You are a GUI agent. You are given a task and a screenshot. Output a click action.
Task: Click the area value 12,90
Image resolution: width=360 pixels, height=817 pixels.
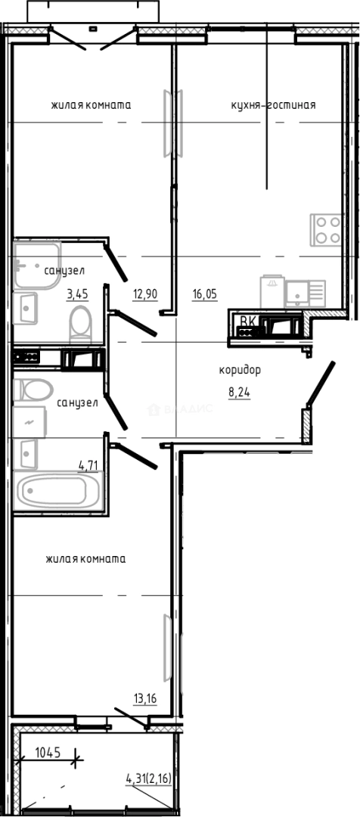point(145,294)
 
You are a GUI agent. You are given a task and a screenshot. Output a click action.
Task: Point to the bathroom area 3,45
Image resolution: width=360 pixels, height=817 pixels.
point(78,294)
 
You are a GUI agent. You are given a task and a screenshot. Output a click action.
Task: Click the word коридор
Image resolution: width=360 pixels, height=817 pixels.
point(240,370)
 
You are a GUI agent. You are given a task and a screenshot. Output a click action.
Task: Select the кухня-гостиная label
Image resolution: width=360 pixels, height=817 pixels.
point(273,105)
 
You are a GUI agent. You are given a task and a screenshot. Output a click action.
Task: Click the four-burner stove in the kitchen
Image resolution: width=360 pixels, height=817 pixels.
point(327,230)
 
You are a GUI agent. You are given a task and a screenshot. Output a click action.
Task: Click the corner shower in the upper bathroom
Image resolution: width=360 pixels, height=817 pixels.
point(36,266)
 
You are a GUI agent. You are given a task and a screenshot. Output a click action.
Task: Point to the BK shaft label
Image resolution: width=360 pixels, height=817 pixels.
point(247,321)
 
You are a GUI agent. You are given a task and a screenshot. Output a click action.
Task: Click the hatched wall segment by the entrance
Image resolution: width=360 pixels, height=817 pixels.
point(306,425)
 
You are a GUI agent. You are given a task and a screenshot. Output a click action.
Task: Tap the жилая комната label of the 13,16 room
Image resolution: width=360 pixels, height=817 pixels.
point(85,559)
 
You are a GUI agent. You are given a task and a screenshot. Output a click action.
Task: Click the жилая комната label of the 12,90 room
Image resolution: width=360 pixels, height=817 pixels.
point(92,105)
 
